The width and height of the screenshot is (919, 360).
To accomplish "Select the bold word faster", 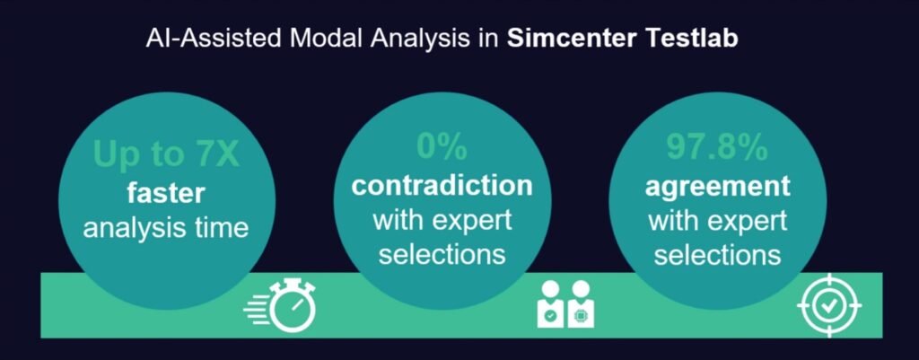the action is point(166,193).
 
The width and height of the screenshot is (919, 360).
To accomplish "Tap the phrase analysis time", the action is point(166,227).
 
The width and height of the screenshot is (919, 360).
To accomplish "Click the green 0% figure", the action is point(442,147).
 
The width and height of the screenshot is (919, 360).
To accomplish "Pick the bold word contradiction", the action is point(442,185).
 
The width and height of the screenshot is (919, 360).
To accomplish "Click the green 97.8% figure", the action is point(717,148).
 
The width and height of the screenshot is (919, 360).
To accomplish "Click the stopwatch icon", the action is point(294,305).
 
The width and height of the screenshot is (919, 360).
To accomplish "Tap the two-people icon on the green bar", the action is point(565,303).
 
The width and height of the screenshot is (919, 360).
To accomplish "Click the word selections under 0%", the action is point(442,254).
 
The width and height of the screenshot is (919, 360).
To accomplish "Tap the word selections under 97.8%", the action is point(717,255).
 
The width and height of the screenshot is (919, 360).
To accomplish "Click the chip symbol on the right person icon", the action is point(582,316).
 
